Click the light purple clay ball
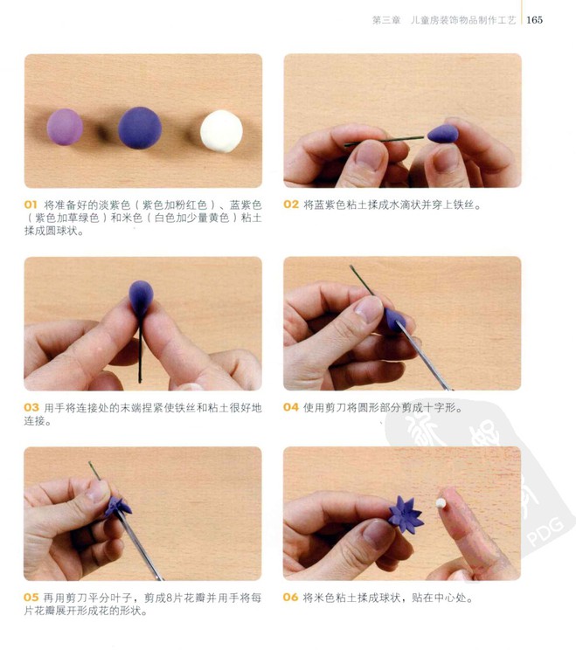coord(65,127)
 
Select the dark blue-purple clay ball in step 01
coord(140,128)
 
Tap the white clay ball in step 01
coord(221,131)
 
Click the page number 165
coord(534,20)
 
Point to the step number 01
coord(31,204)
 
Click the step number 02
coord(291,204)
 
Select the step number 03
coord(31,407)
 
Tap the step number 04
coord(291,407)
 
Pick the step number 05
coord(31,598)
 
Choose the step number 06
coord(290,598)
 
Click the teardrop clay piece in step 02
coord(443,134)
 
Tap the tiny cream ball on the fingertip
coord(441,503)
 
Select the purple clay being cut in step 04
coord(395,320)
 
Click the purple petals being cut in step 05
coord(117,507)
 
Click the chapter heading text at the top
coord(444,20)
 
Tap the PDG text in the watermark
coord(545,532)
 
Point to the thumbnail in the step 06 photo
coord(378,534)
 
